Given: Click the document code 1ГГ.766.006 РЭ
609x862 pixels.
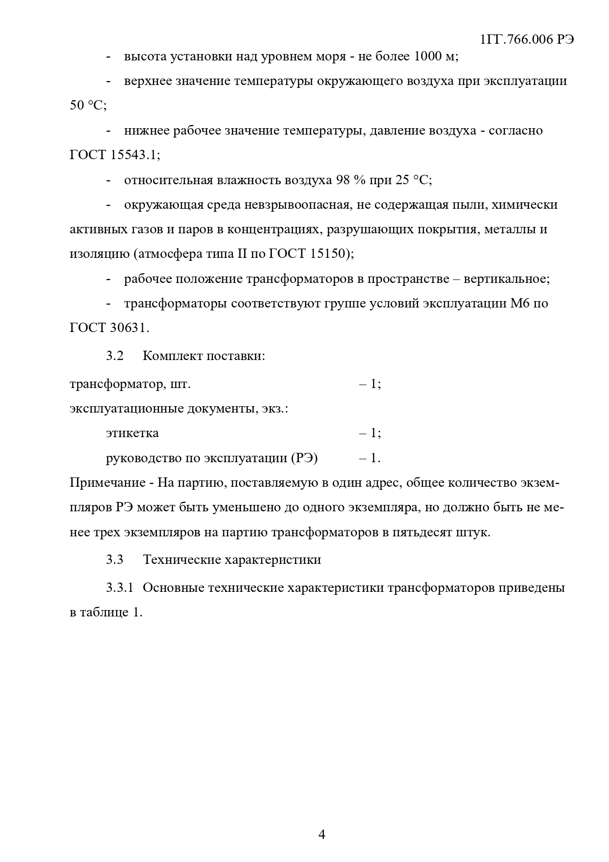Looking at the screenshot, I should pos(527,40).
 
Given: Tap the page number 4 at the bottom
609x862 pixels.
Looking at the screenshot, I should pos(322,834).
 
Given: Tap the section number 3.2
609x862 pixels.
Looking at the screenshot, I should pos(115,356).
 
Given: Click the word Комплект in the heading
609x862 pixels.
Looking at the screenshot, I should pos(172,356).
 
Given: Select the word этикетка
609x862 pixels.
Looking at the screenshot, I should pos(132,433).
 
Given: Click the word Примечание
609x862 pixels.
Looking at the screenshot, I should pos(107,483).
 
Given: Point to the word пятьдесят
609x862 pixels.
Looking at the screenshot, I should pos(423,532).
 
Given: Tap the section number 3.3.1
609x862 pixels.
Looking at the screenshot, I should pos(120,588).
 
